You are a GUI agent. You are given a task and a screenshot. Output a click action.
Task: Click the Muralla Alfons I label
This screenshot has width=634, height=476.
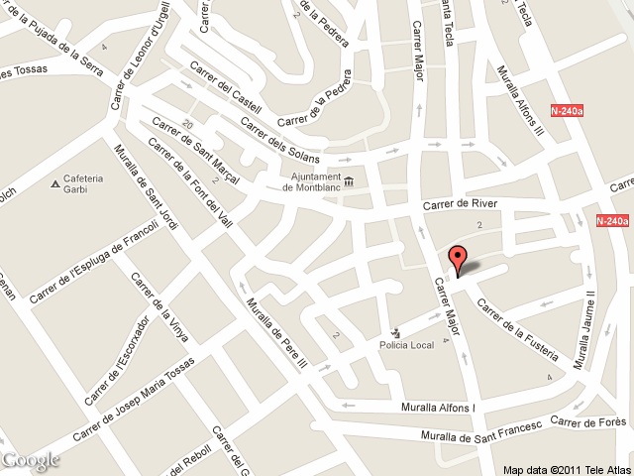pyautogui.click(x=438, y=408)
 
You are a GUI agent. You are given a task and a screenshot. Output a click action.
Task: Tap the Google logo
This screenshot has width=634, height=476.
pyautogui.click(x=31, y=460)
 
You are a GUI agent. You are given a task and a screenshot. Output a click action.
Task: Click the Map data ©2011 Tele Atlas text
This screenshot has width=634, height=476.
pyautogui.click(x=566, y=469)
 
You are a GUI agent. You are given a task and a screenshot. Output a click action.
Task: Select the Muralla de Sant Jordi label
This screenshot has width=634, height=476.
pyautogui.click(x=147, y=187)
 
